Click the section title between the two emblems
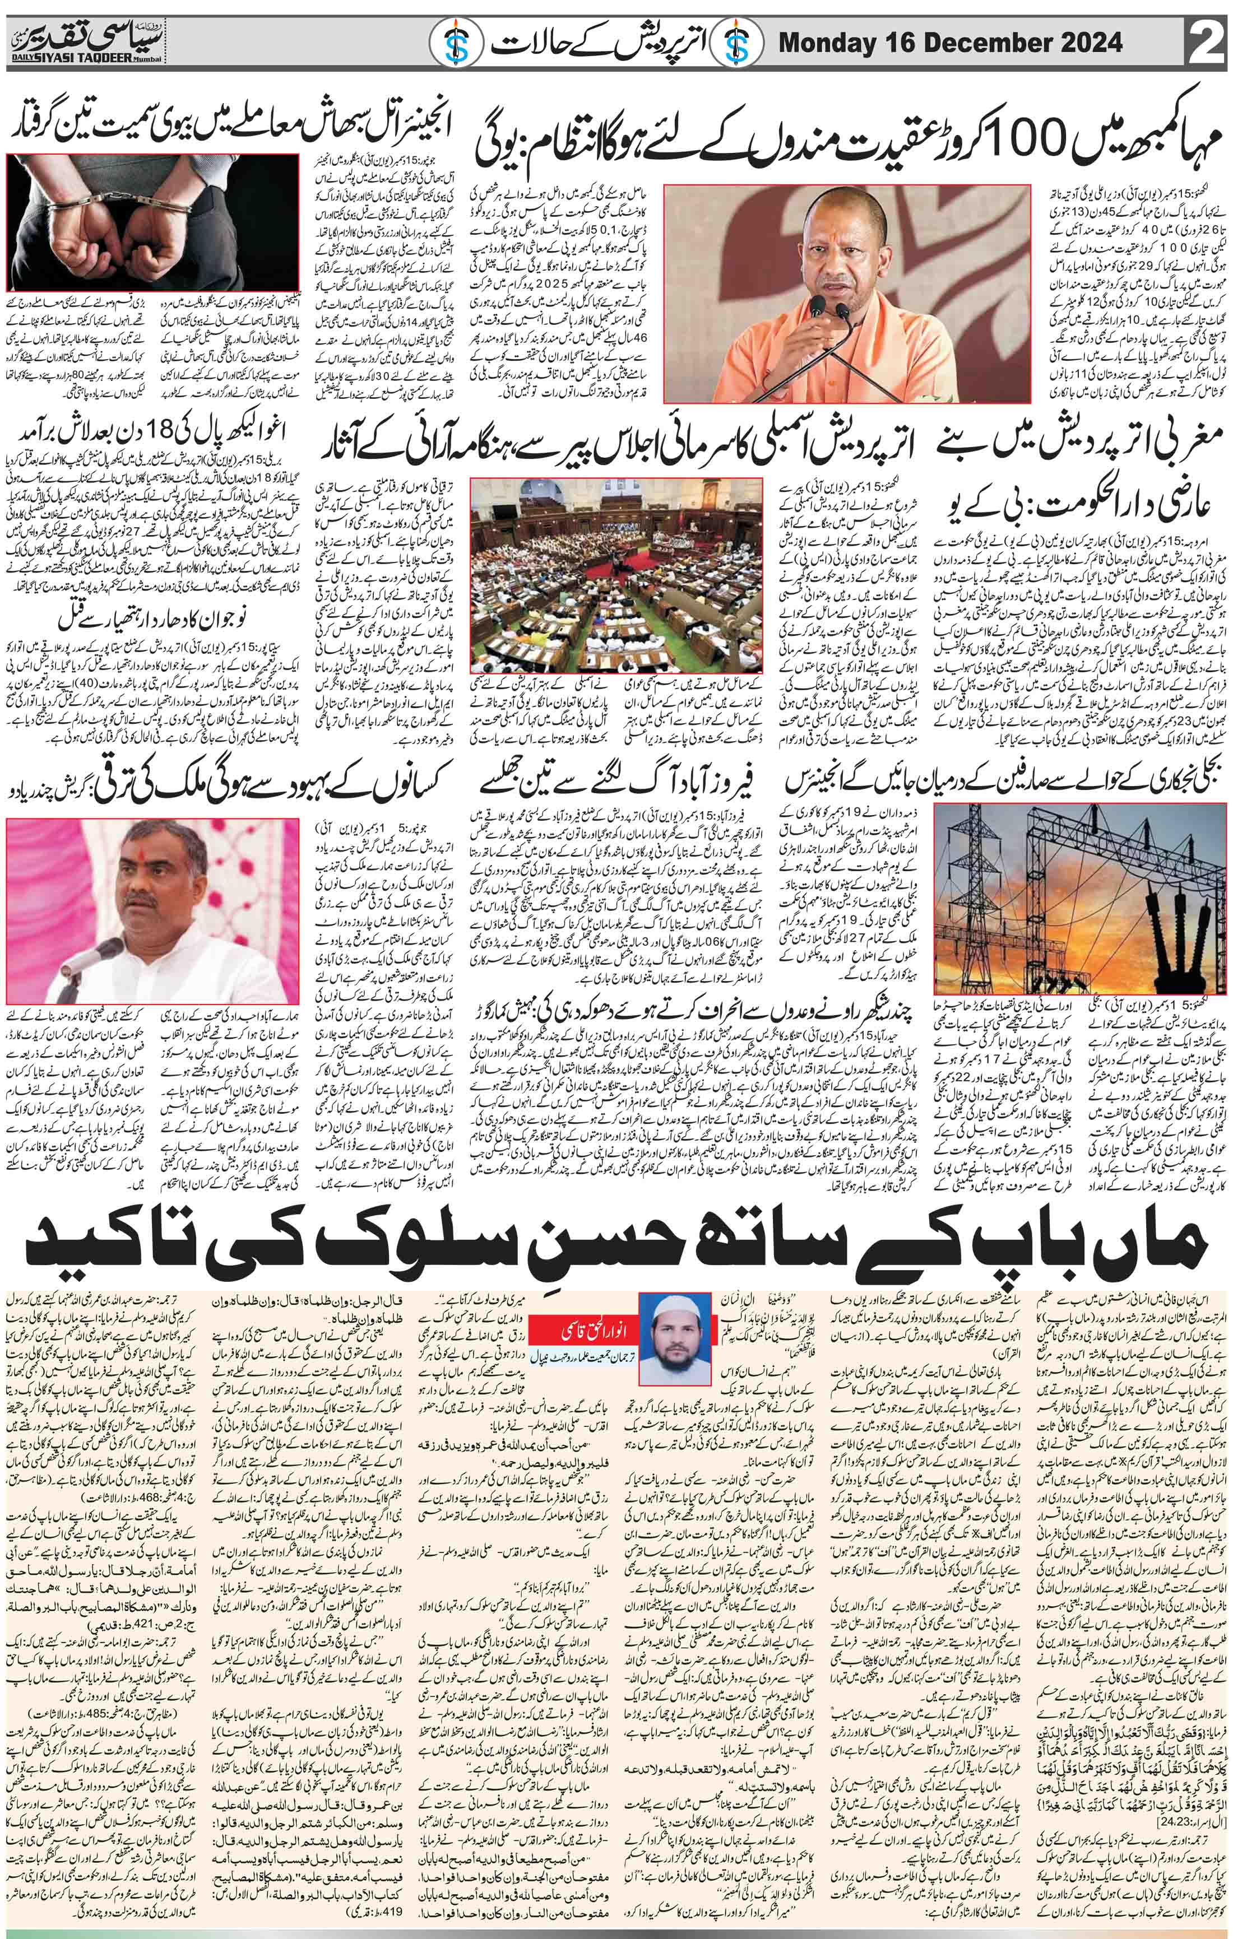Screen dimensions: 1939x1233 pyautogui.click(x=593, y=39)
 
